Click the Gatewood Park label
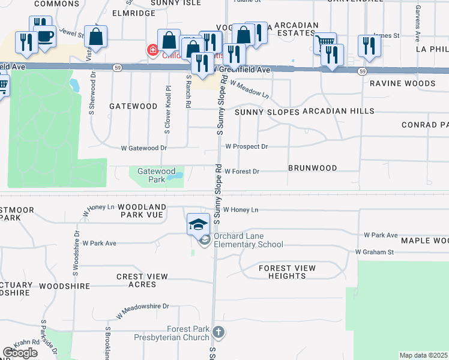pos(151,175)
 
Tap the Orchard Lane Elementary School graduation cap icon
pos(199,224)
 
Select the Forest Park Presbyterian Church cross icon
pos(219,331)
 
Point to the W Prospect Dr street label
pos(246,146)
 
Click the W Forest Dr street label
pos(242,172)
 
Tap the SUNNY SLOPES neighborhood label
pos(267,112)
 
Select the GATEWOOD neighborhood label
pos(133,106)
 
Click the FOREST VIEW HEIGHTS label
pos(288,272)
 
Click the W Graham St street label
pos(374,253)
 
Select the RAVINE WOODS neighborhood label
pos(402,83)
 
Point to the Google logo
pos(20,353)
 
